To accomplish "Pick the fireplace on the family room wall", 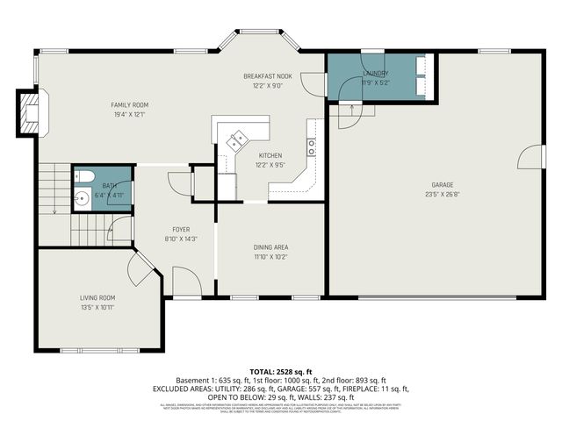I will [x=30, y=113].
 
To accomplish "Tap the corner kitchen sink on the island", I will [x=238, y=139].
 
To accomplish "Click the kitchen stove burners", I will [x=311, y=146].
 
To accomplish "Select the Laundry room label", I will [x=374, y=74].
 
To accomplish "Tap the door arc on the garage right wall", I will [x=525, y=158].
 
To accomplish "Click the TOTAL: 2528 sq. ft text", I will [x=280, y=372].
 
